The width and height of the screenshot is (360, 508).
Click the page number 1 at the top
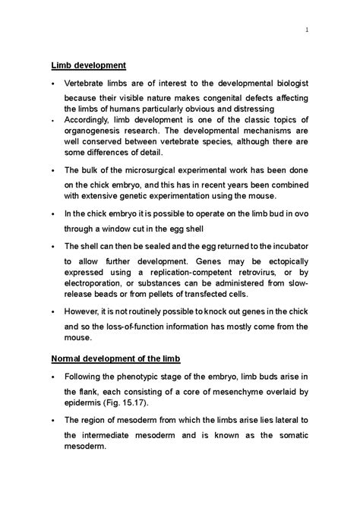[x=305, y=30]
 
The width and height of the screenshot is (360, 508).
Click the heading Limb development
[x=88, y=66]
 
